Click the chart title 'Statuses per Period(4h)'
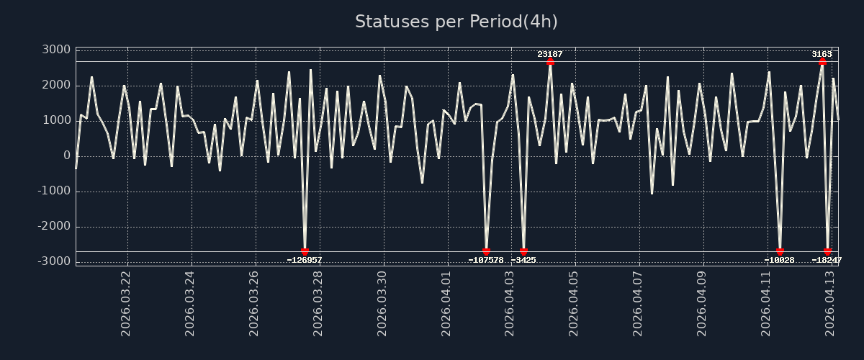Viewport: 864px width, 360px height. point(456,22)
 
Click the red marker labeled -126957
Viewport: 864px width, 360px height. point(305,252)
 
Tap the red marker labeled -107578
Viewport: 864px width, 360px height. point(486,252)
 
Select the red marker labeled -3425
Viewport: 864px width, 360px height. point(523,252)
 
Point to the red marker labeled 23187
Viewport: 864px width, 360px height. point(550,61)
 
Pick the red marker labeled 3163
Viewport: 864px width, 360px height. point(822,61)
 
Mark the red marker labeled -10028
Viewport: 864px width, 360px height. point(780,252)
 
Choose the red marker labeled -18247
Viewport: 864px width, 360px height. point(827,252)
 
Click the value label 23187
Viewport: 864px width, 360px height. point(550,54)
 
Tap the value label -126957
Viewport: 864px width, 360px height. point(305,260)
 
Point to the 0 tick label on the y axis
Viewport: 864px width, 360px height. point(66,156)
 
